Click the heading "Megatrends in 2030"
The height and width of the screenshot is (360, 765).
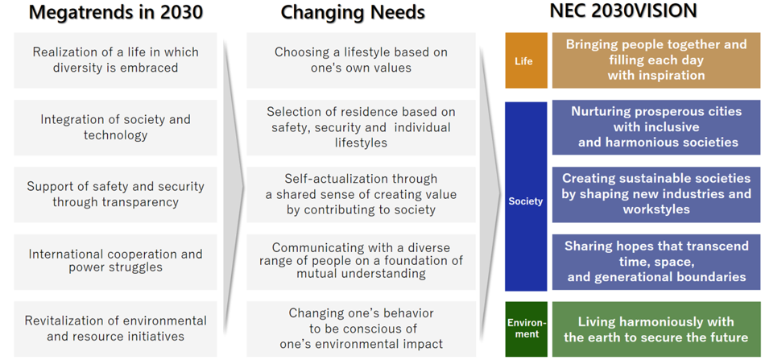(x=116, y=12)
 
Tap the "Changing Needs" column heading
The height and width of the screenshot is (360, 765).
(x=352, y=12)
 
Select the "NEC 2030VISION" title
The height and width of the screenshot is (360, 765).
(x=623, y=10)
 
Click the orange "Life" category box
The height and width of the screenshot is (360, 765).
(x=526, y=60)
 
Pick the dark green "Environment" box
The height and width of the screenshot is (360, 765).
(x=526, y=329)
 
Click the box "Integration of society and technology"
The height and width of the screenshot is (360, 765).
(x=116, y=127)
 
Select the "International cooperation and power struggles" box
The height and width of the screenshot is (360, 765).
(x=116, y=262)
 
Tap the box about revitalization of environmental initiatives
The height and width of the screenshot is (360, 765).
(x=116, y=329)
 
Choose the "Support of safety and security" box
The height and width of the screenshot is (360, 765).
(x=116, y=195)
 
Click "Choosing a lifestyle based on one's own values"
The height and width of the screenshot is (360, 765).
(x=361, y=60)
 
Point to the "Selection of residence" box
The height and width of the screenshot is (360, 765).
(x=361, y=127)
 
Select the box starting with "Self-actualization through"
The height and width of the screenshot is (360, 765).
(x=361, y=195)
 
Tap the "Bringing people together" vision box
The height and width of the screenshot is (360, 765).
(x=656, y=60)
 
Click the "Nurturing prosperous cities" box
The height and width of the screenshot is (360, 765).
(x=656, y=127)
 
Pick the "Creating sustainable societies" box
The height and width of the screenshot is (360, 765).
(x=656, y=195)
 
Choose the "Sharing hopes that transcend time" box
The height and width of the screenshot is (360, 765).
(x=656, y=262)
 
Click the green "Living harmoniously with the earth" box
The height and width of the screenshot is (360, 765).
(x=656, y=329)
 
